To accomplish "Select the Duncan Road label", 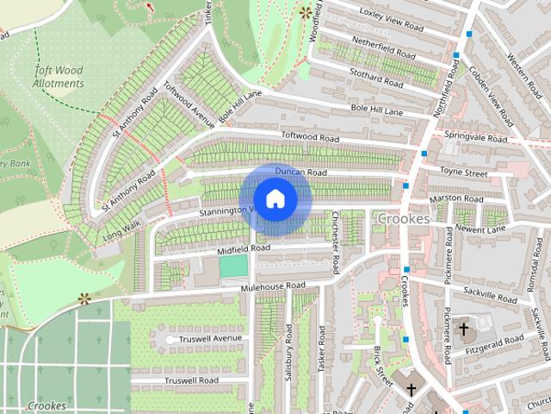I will (300, 172).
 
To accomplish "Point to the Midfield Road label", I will (243, 248).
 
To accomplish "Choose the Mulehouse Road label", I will (274, 285).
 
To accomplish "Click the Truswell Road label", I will (191, 380).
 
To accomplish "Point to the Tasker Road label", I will (321, 353).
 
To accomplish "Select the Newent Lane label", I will (480, 229).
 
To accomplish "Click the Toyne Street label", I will (463, 173).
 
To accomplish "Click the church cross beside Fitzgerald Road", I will (463, 329).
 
